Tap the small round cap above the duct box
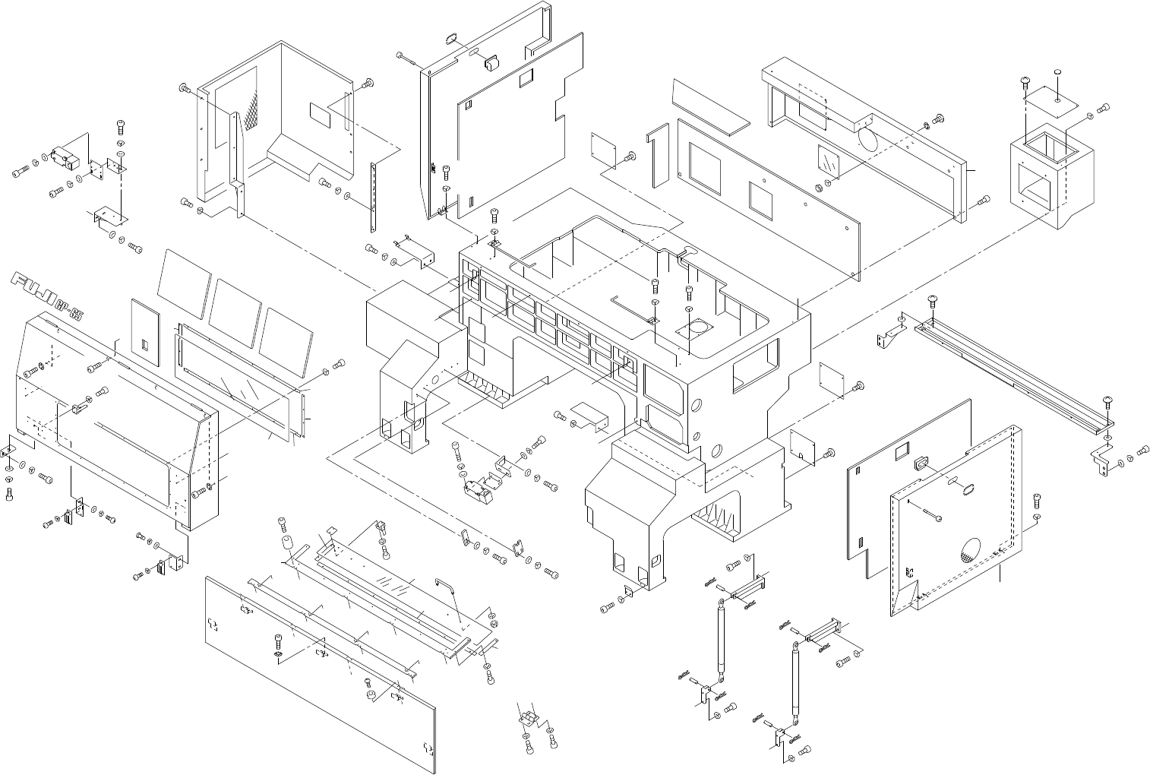click(x=1057, y=71)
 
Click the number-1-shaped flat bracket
click(x=656, y=157)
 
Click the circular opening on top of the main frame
click(x=698, y=327)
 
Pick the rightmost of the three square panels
click(x=286, y=334)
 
